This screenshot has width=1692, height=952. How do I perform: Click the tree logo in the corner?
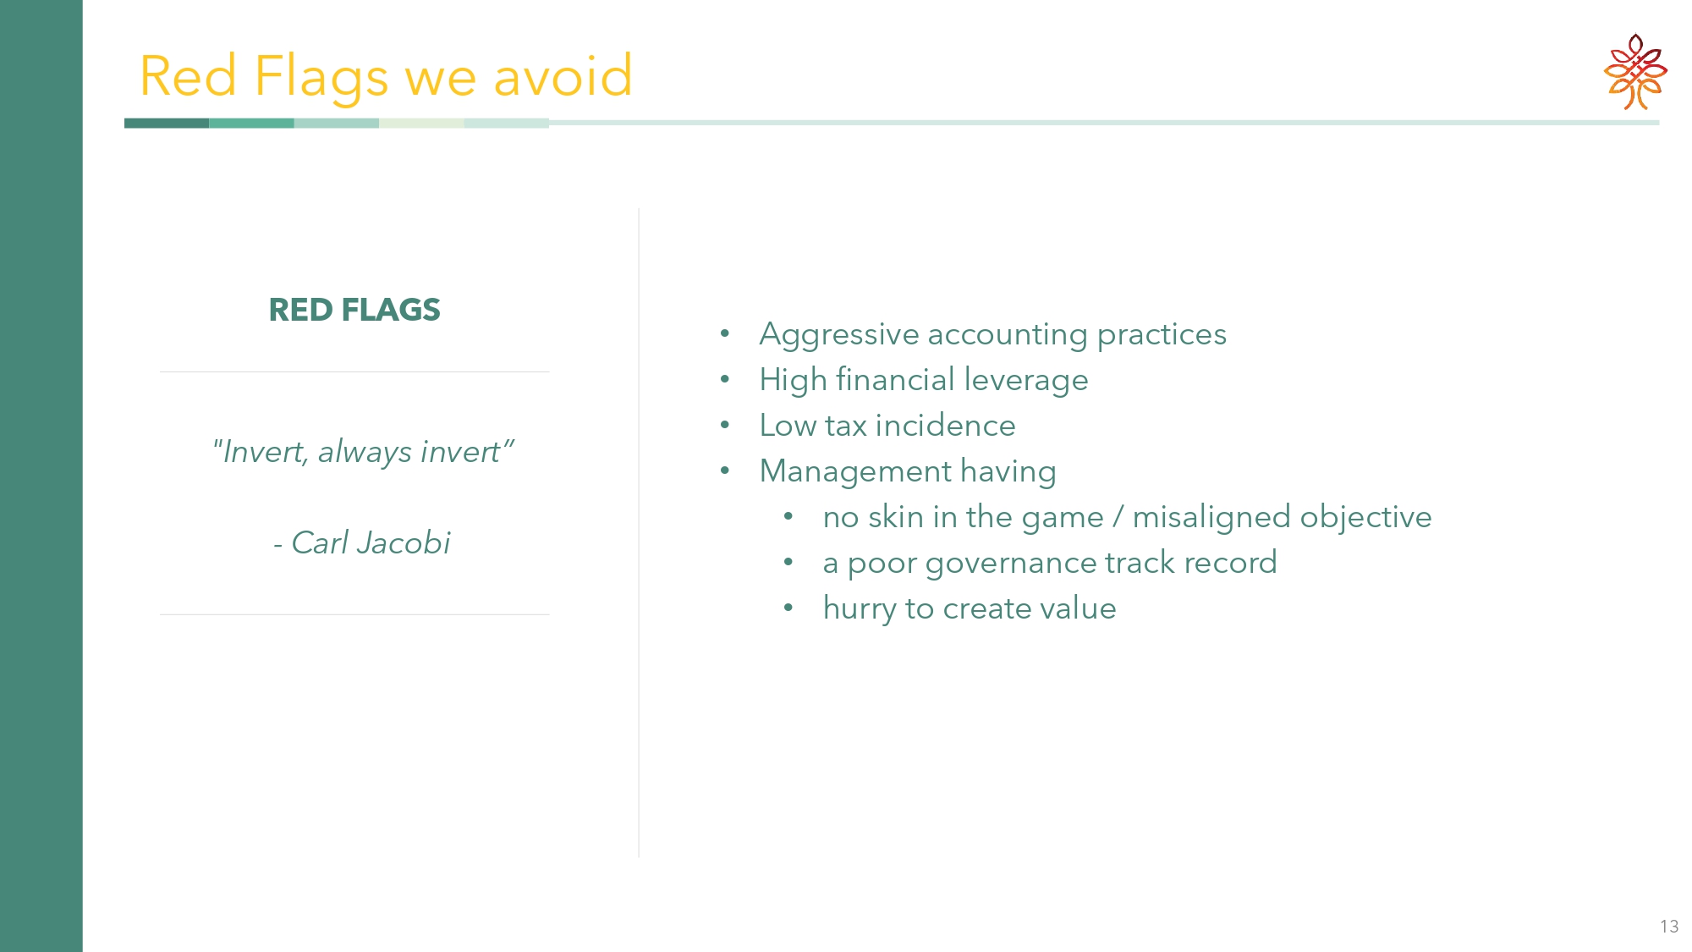[1635, 72]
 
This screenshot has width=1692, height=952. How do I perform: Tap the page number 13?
[1669, 927]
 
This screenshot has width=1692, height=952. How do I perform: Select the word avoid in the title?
[563, 75]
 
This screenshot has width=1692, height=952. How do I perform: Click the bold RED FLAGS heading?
[354, 310]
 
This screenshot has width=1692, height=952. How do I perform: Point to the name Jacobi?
[403, 542]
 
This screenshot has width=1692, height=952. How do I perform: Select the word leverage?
[1025, 381]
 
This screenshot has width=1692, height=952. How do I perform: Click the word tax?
[846, 426]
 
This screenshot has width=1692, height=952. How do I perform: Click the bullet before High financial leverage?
[725, 380]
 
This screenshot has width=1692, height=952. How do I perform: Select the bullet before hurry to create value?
[788, 608]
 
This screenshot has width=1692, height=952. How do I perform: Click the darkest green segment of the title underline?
[167, 124]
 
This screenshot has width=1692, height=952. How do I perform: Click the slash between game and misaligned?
[1118, 517]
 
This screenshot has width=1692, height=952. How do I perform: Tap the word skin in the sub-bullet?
[896, 517]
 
